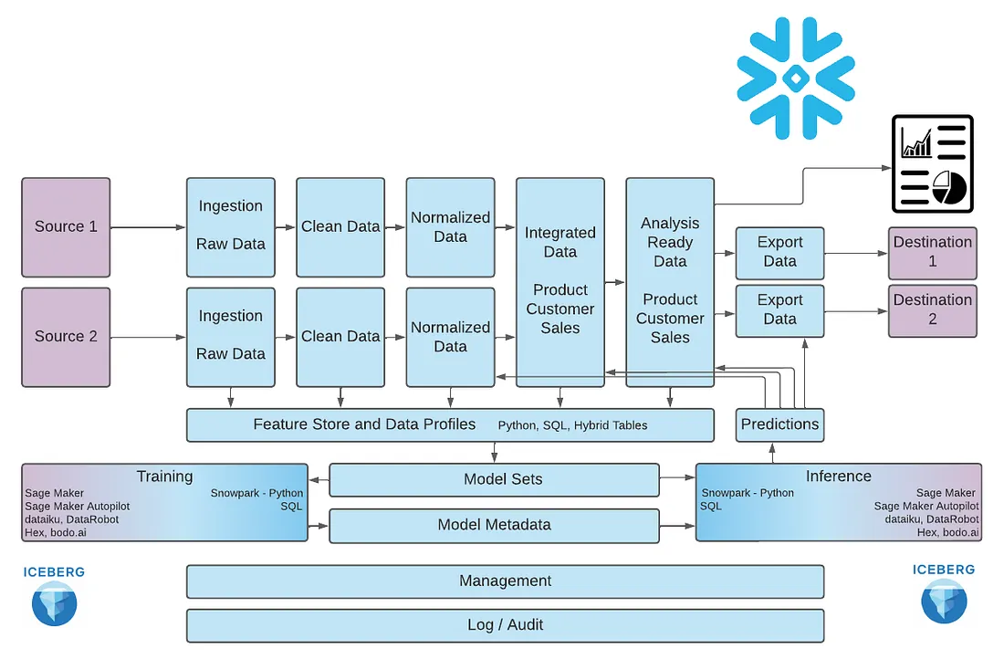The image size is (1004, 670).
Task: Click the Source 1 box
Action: click(x=66, y=227)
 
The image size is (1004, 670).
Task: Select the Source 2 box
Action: click(x=66, y=337)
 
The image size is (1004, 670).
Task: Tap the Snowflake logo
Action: click(x=796, y=79)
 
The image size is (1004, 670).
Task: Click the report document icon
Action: click(x=932, y=164)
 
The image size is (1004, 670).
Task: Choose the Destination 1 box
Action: click(x=932, y=253)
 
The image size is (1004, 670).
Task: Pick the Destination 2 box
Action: click(x=932, y=310)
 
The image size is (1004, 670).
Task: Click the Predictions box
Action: click(x=779, y=424)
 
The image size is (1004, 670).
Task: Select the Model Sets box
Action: click(x=495, y=480)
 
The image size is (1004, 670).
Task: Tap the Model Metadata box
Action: click(x=495, y=526)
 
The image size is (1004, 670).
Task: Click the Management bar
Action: click(x=506, y=581)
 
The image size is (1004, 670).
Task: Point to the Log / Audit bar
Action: click(x=506, y=625)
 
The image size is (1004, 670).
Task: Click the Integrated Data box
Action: click(x=560, y=282)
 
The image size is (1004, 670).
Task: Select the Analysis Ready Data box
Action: click(x=670, y=282)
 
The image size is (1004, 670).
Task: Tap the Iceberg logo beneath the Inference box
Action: click(x=944, y=593)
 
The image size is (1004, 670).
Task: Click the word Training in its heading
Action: click(x=164, y=476)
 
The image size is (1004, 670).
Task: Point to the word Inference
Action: click(x=838, y=476)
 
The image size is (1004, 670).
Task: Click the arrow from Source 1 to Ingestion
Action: click(x=148, y=227)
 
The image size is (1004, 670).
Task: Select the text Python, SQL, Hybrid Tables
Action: click(x=572, y=425)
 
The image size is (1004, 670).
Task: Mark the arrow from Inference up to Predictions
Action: click(x=773, y=453)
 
